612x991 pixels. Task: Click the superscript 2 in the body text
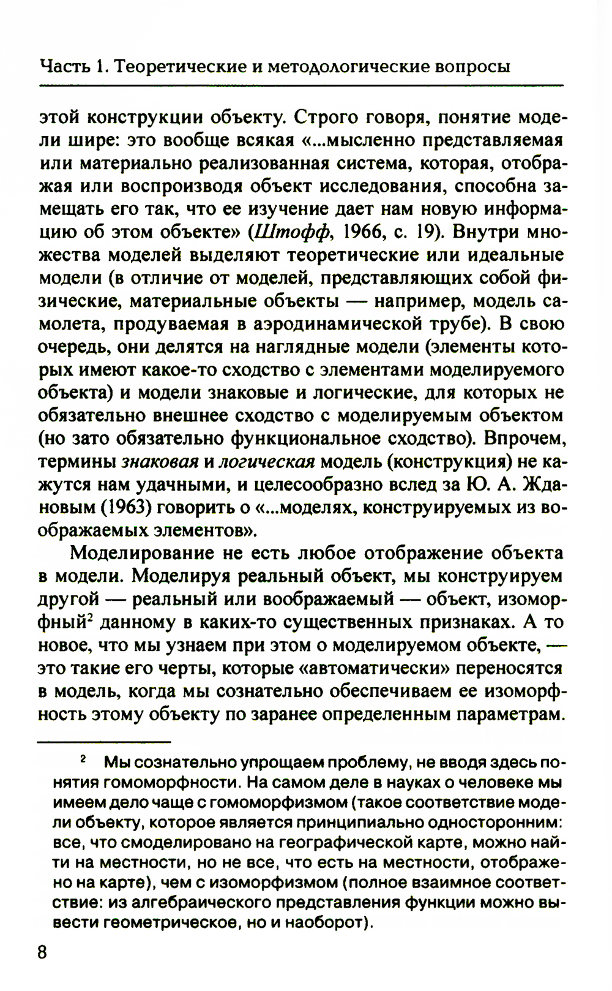(89, 617)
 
